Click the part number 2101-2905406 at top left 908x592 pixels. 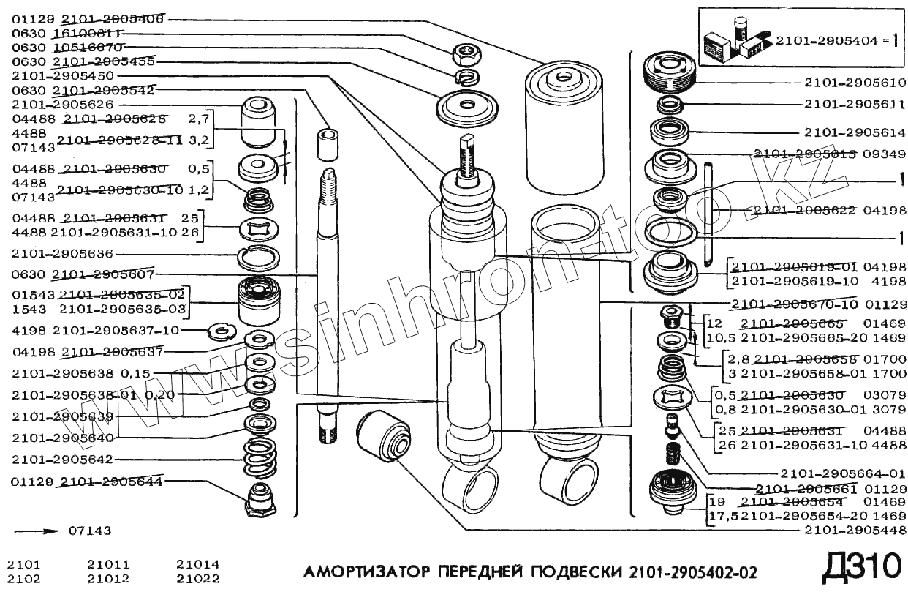point(112,20)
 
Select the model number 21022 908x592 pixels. point(197,578)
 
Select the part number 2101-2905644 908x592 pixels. point(111,482)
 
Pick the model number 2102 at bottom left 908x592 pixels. point(23,578)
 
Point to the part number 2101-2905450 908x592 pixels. point(62,75)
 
